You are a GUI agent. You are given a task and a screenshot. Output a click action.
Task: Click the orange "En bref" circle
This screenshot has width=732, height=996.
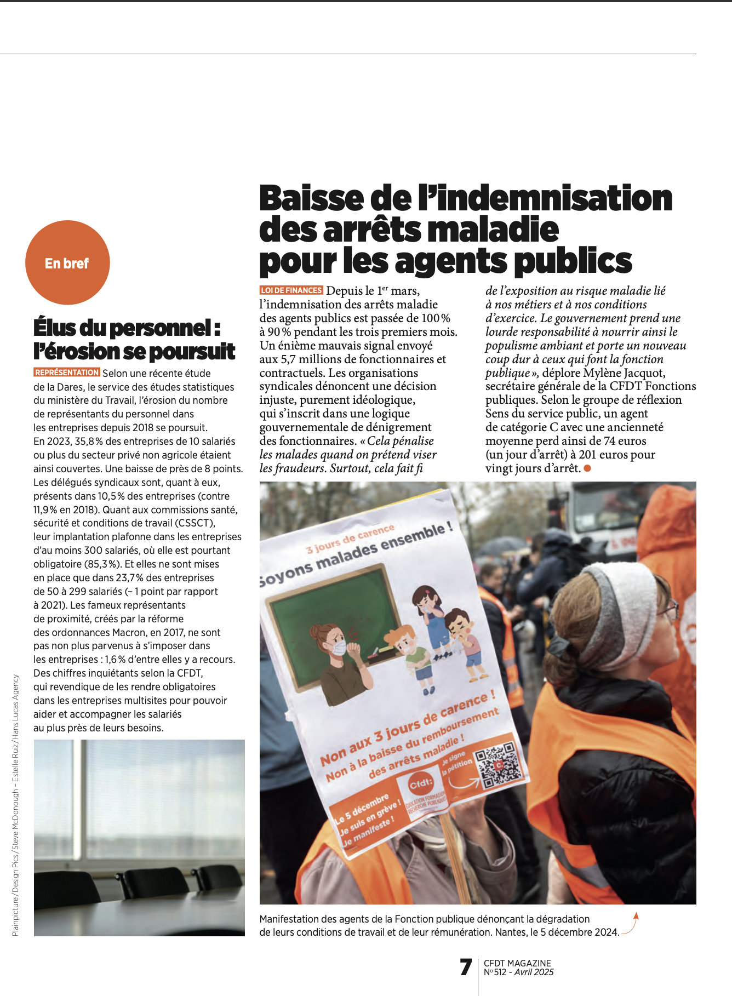(67, 262)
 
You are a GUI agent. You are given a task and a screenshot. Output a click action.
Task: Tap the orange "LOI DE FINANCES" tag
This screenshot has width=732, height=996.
(291, 290)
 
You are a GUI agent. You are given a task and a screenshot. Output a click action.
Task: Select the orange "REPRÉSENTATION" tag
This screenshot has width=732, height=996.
(67, 373)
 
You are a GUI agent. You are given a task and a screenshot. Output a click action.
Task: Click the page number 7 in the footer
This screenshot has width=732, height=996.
(466, 967)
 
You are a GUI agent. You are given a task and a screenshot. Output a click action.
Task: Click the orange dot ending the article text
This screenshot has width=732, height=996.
(587, 468)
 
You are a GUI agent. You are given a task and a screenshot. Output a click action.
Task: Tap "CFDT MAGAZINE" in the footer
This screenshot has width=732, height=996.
(517, 963)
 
